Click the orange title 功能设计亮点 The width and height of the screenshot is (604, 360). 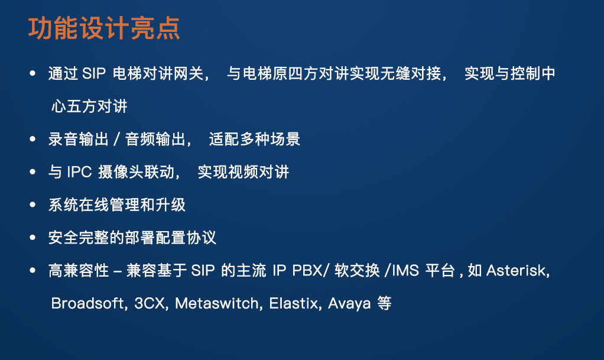click(x=104, y=28)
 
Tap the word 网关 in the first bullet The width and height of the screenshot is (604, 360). click(x=188, y=73)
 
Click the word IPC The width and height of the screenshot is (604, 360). click(x=79, y=172)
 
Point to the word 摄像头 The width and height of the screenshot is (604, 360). click(x=121, y=172)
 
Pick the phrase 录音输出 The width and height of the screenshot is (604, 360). click(x=79, y=139)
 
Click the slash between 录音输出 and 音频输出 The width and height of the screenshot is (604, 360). click(x=116, y=139)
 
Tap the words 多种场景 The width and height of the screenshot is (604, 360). click(x=269, y=139)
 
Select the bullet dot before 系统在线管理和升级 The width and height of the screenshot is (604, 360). click(x=33, y=205)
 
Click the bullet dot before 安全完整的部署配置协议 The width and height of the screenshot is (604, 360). click(x=33, y=238)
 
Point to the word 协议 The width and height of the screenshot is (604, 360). click(x=202, y=238)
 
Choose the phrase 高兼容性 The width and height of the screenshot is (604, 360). click(x=79, y=270)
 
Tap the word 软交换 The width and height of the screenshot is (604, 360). click(x=357, y=270)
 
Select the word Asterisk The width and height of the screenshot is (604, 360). click(x=516, y=270)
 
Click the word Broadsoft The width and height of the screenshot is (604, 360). click(x=87, y=303)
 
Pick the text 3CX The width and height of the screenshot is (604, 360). click(x=150, y=303)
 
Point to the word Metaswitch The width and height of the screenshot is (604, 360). click(x=217, y=303)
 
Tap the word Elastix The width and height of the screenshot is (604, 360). click(x=294, y=303)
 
